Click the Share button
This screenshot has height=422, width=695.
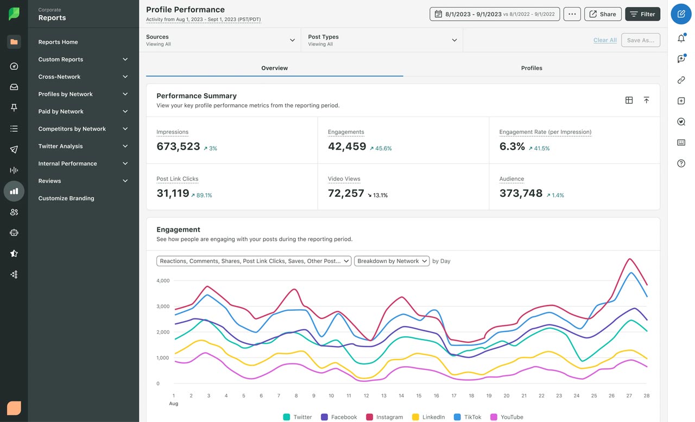coord(602,14)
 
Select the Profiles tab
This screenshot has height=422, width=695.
coord(531,68)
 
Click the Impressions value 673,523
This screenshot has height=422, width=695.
coord(178,146)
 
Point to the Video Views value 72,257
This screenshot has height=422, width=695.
coord(346,193)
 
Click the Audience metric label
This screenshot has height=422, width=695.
coord(511,178)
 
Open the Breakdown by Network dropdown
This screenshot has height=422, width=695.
coord(391,261)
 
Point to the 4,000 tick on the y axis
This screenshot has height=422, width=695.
coord(163,280)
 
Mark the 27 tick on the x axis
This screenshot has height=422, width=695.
coord(629,396)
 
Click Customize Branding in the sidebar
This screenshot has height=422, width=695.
coord(66,198)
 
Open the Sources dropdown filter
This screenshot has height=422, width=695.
coord(220,40)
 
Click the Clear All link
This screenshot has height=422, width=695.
coord(604,40)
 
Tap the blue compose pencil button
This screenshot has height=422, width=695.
coord(681,14)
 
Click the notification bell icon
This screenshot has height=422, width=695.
coord(681,39)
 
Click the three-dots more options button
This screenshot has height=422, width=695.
coord(572,14)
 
